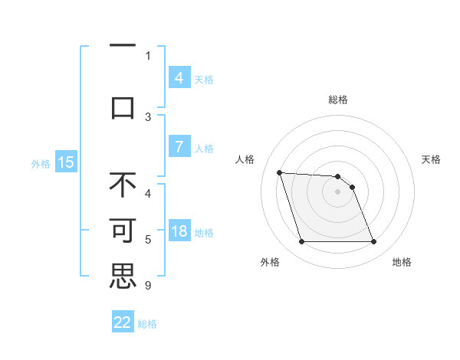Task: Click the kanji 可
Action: click(x=123, y=231)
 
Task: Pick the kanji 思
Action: click(x=123, y=277)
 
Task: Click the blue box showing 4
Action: click(x=179, y=77)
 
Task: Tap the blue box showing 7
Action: click(x=179, y=148)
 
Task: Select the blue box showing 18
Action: click(x=179, y=232)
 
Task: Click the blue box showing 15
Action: click(x=65, y=162)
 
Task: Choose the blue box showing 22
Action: click(x=123, y=322)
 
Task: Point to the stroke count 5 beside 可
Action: click(x=148, y=240)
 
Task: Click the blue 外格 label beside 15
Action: click(x=41, y=163)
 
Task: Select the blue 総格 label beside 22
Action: click(x=147, y=324)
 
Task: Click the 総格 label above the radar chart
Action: click(x=337, y=100)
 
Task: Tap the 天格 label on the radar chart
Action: click(x=431, y=159)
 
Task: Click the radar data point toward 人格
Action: click(x=279, y=172)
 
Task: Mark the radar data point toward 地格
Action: click(x=373, y=242)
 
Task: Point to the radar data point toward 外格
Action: click(x=301, y=242)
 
